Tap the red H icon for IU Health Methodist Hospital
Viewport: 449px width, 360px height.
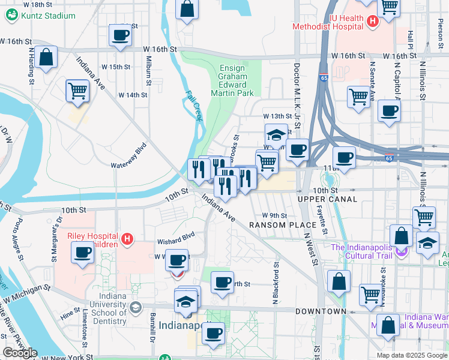[x=372, y=22]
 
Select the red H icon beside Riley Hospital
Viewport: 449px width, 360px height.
[x=127, y=240]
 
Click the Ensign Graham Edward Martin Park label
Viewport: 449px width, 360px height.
[x=232, y=80]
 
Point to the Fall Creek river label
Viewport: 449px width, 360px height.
[x=193, y=106]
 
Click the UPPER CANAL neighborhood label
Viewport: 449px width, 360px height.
[x=327, y=199]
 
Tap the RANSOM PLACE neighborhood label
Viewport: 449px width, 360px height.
[x=278, y=225]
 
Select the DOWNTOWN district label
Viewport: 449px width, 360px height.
[x=320, y=311]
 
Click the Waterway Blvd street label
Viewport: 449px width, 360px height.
[x=128, y=155]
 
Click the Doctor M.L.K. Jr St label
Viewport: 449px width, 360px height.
[x=297, y=93]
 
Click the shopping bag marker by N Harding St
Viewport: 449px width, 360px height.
[x=46, y=58]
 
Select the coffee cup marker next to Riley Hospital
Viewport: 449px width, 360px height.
[x=82, y=252]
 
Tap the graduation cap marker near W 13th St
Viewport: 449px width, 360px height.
[x=276, y=134]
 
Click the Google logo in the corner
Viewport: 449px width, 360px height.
[x=19, y=353]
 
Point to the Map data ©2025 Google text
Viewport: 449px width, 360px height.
[x=411, y=355]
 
